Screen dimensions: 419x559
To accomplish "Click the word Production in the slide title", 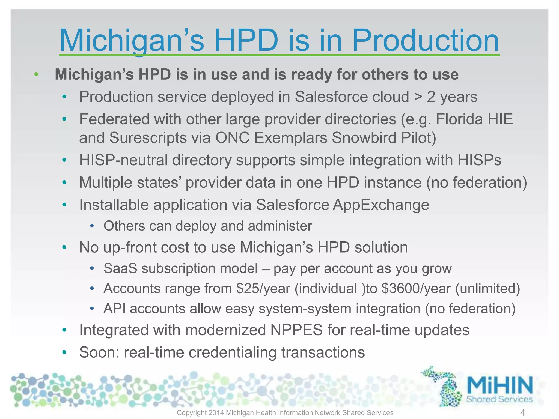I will tap(425, 41).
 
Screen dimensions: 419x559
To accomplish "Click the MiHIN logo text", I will tap(500, 385).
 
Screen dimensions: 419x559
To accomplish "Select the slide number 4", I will tap(522, 412).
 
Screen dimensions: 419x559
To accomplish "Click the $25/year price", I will tap(263, 289).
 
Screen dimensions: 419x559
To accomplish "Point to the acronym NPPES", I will tap(296, 330).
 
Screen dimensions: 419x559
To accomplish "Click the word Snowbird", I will tap(364, 138).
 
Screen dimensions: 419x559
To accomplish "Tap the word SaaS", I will tap(120, 268).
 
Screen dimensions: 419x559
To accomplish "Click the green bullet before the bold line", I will tap(36, 74).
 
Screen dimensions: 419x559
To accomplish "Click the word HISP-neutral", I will tap(123, 160).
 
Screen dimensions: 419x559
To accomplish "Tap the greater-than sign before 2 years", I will tap(418, 97).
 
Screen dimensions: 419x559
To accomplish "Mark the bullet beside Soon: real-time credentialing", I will tap(64, 352).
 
